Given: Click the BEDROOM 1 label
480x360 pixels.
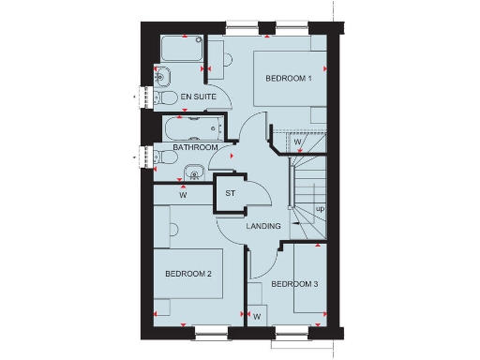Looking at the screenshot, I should (289, 79).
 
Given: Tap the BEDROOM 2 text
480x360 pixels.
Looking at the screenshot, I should (189, 274).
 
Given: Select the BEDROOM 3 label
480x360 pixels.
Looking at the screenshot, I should (295, 284).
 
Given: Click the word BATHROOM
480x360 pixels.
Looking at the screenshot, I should (196, 147).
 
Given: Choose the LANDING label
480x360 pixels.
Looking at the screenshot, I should (264, 226).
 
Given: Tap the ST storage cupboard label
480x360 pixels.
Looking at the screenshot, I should (230, 194).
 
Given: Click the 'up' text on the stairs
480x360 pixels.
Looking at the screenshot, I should (320, 208).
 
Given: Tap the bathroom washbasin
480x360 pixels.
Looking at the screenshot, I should (194, 171).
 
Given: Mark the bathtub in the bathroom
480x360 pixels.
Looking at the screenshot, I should (191, 127).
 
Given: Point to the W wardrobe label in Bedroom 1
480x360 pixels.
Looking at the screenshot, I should (296, 142).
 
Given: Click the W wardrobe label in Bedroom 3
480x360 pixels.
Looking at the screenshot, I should (256, 316).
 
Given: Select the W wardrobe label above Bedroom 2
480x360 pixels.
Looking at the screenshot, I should (184, 196).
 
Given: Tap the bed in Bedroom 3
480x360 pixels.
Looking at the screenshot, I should (307, 278).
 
